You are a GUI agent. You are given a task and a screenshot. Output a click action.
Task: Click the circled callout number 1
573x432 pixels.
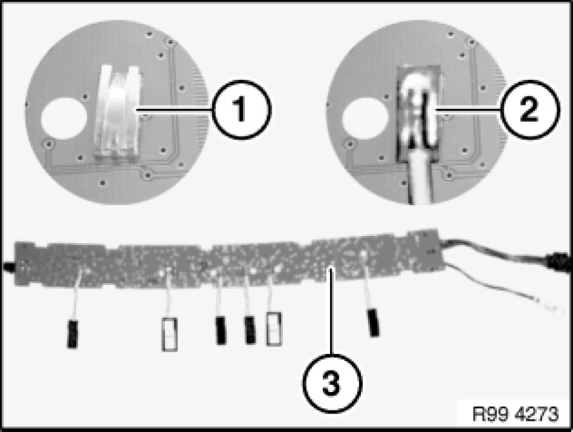pos(241,109)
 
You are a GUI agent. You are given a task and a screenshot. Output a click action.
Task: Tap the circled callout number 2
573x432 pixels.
pos(529,109)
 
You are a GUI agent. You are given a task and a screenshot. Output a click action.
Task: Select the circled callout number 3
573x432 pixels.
pos(332,383)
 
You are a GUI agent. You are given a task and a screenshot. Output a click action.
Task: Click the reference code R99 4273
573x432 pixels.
pos(515,414)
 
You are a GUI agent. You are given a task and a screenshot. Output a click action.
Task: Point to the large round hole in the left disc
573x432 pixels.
pos(64,118)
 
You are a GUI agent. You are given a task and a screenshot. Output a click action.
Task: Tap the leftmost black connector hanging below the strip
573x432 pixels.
pos(72,334)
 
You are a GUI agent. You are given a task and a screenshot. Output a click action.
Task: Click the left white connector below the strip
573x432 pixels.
pos(169,334)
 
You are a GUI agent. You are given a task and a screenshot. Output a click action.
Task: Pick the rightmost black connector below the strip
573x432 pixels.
pos(373,323)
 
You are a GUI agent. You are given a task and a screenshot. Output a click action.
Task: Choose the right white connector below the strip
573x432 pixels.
pos(274,328)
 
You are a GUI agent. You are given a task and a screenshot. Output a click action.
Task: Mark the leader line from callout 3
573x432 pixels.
pos(331,311)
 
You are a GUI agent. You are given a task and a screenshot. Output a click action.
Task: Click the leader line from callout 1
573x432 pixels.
pos(174,109)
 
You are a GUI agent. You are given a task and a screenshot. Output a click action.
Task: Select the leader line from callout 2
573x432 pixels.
pos(467,109)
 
